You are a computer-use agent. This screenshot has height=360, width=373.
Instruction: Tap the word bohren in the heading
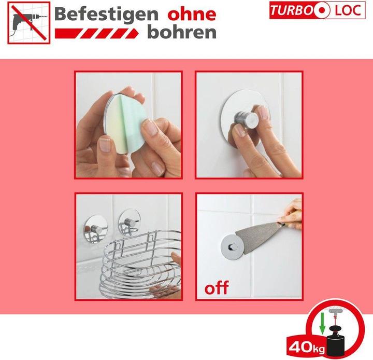point(181,32)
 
